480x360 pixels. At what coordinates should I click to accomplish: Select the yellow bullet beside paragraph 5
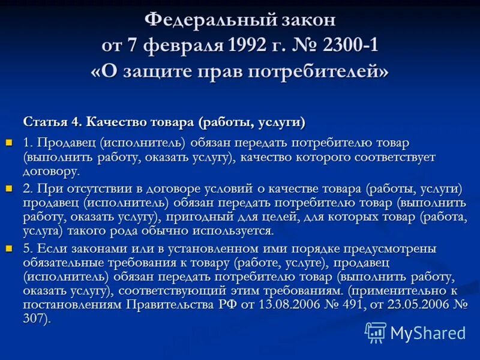coord(9,248)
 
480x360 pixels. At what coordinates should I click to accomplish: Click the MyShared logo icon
coord(376,332)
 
